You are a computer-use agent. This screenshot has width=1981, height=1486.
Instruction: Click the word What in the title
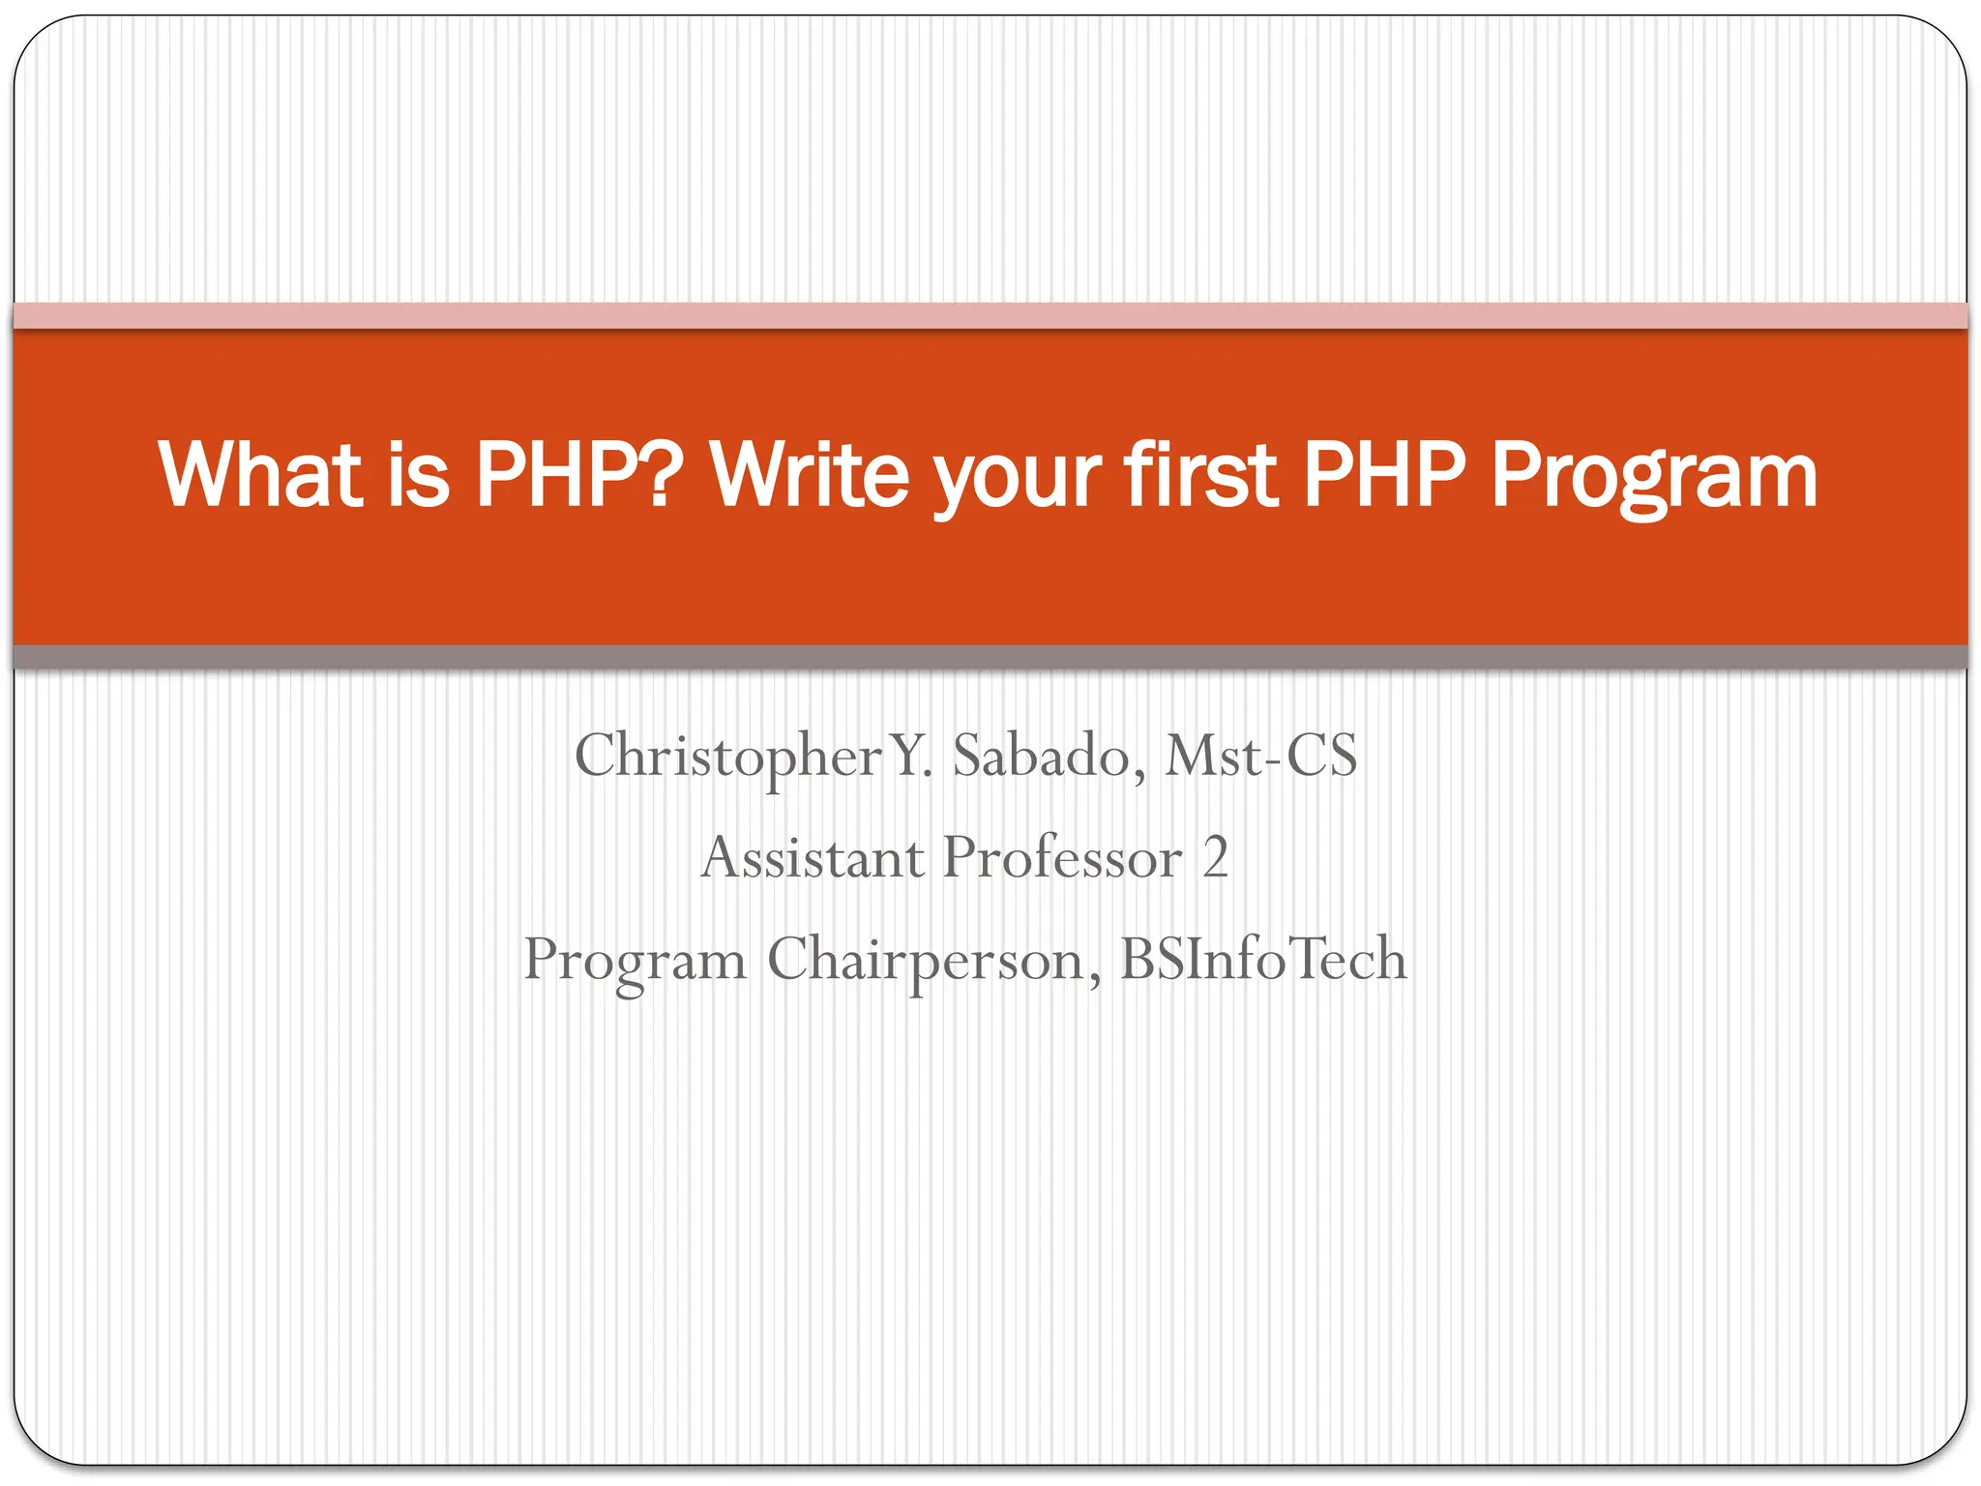click(260, 474)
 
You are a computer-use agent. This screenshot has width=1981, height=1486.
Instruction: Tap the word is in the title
click(418, 474)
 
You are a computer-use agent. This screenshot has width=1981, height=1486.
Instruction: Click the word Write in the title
click(809, 474)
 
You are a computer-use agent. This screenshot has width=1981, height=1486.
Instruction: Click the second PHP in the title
click(1384, 474)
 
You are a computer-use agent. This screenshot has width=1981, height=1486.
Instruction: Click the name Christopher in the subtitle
click(728, 756)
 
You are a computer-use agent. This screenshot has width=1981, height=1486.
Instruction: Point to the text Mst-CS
click(1260, 756)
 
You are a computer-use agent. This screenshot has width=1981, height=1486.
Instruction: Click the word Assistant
click(813, 857)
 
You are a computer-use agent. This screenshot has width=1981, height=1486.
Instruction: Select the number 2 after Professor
click(1216, 857)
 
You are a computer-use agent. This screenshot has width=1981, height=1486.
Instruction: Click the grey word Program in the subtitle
click(635, 961)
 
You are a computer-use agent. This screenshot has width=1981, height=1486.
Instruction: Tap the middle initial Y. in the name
click(911, 756)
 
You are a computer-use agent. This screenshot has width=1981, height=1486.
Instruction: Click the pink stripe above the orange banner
click(990, 315)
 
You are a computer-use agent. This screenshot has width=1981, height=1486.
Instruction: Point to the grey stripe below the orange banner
click(990, 657)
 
